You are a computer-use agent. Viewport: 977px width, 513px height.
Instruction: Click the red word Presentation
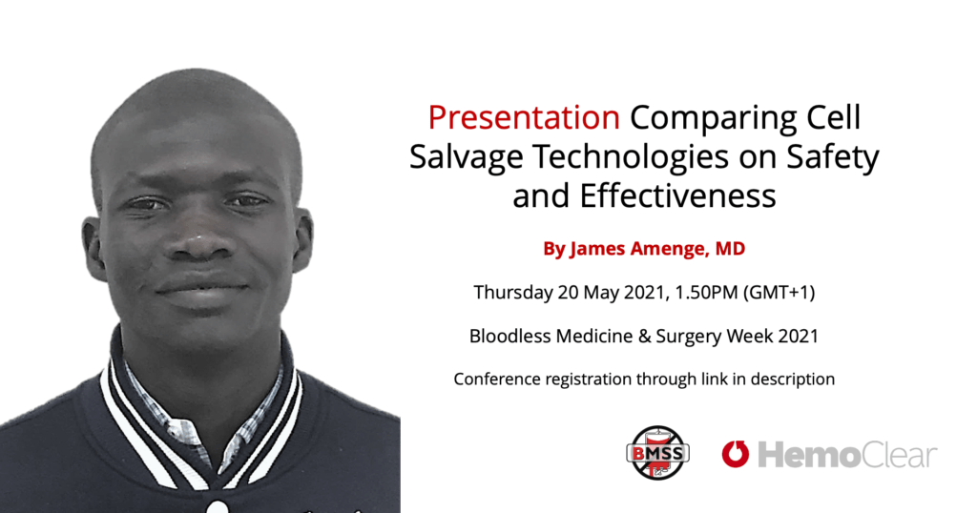pos(524,118)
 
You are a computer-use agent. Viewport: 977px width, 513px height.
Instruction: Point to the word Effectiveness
pos(678,195)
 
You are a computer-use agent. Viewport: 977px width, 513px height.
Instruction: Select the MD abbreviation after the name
pos(730,249)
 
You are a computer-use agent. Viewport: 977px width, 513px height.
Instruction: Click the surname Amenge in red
pos(670,250)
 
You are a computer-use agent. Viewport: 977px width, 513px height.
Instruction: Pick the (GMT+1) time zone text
pos(780,292)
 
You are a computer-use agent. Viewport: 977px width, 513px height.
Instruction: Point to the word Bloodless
pos(509,337)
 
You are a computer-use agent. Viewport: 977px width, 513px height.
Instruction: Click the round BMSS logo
pos(657,453)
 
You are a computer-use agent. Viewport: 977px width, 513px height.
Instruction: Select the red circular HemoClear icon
pos(736,453)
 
